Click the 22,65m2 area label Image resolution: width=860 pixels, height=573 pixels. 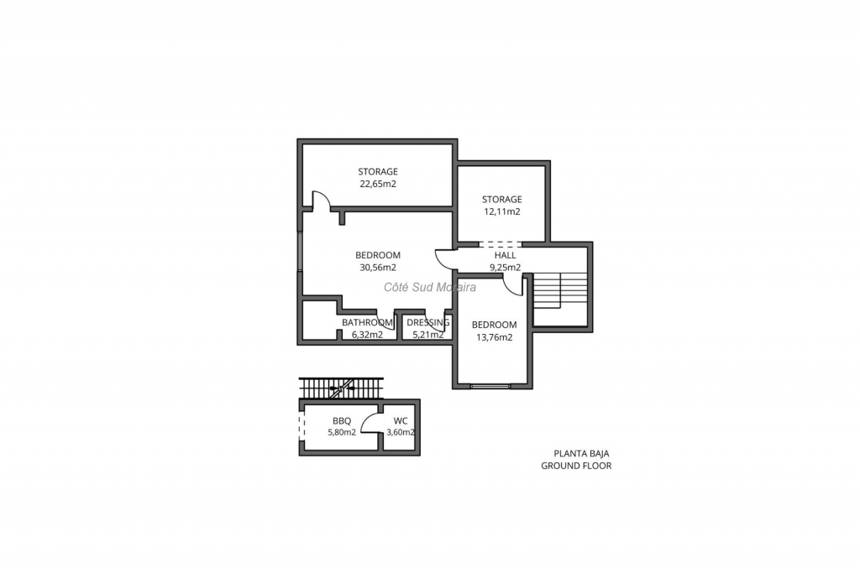[x=378, y=184]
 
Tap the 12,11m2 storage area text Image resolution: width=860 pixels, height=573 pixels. [x=502, y=212]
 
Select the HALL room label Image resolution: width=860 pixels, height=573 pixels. [x=505, y=255]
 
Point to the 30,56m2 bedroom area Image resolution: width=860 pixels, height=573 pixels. [x=378, y=268]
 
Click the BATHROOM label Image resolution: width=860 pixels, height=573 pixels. [x=368, y=323]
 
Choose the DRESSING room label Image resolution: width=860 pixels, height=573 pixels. [x=427, y=323]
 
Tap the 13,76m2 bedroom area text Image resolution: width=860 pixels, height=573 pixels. [x=494, y=337]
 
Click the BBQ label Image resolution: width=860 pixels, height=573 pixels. [x=342, y=421]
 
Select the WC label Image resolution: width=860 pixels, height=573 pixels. [x=401, y=421]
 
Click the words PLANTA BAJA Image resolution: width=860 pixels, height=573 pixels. [x=581, y=454]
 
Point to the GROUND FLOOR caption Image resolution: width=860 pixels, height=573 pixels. [x=576, y=466]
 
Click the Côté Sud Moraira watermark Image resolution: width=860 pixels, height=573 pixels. [x=430, y=287]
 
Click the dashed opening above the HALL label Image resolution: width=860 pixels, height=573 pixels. [x=501, y=244]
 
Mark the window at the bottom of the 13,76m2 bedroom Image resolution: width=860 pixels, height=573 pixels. [x=490, y=386]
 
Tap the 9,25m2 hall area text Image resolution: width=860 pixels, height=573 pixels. [x=505, y=268]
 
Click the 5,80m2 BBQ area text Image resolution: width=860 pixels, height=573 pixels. [x=342, y=432]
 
